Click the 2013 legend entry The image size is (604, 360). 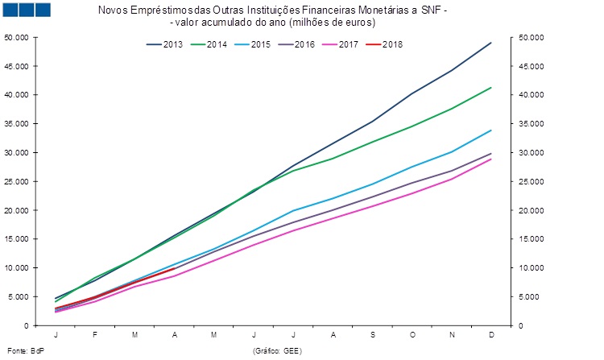(x=164, y=43)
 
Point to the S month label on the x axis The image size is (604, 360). (x=372, y=335)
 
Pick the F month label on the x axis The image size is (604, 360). (x=95, y=335)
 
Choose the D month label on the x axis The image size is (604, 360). (x=491, y=335)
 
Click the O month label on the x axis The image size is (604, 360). (x=412, y=335)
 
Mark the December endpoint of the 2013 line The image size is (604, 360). (x=491, y=43)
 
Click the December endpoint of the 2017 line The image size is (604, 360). (x=491, y=159)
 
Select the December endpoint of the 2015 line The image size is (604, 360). (x=491, y=130)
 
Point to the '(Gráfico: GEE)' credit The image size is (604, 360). (x=278, y=351)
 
